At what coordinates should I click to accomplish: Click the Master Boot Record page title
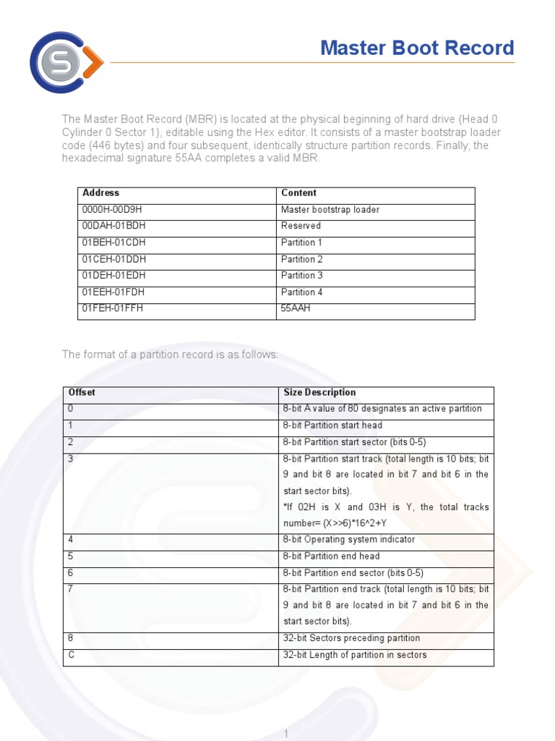click(417, 48)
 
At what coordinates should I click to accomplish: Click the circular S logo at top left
click(65, 62)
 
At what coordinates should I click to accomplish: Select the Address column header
click(101, 193)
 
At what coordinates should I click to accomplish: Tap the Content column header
click(298, 193)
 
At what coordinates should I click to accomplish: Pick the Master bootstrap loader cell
click(330, 210)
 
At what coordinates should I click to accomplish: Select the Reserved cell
click(301, 226)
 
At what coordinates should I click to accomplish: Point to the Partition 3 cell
click(302, 276)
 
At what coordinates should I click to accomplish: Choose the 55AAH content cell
click(296, 308)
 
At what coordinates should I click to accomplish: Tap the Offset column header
click(82, 393)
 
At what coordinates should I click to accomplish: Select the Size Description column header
click(319, 393)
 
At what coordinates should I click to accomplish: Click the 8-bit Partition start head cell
click(332, 425)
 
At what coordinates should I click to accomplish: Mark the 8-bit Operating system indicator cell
click(349, 540)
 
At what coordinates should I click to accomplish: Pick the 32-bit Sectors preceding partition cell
click(351, 638)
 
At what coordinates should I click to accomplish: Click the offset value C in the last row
click(71, 655)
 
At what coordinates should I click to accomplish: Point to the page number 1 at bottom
click(286, 734)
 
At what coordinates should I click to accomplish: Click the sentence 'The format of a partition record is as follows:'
click(170, 355)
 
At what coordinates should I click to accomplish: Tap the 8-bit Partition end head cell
click(331, 556)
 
